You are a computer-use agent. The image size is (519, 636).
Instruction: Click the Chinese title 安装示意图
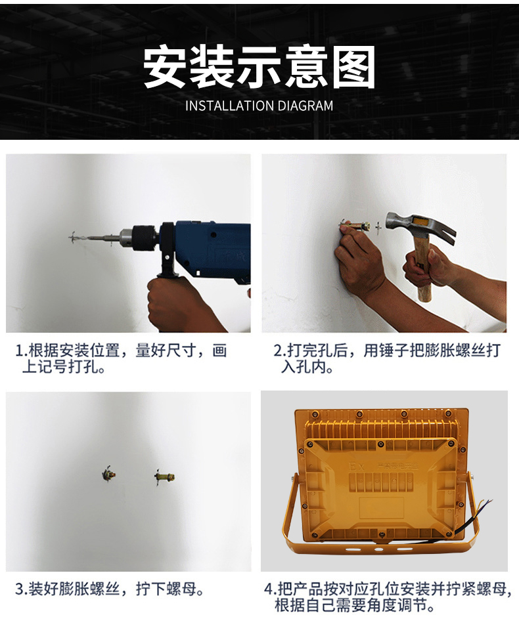[x=259, y=68]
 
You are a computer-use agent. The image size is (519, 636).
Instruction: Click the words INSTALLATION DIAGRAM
[x=259, y=106]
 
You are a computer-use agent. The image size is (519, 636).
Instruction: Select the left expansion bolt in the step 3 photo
[x=109, y=474]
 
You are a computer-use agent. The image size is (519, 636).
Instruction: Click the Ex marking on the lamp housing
[x=357, y=467]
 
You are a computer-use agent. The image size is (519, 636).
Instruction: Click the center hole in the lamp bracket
[x=378, y=549]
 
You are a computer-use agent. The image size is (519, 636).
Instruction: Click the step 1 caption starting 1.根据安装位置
[x=122, y=358]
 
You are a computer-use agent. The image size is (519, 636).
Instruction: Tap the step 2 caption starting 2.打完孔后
[x=387, y=358]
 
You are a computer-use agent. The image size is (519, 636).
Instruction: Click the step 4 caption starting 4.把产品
[x=388, y=597]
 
